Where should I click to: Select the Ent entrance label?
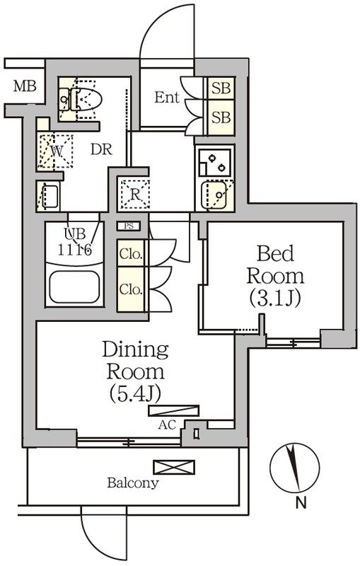point(167,98)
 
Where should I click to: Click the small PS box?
point(129,226)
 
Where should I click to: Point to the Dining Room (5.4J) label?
point(134,371)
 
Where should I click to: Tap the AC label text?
point(167,426)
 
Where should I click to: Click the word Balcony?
point(133,484)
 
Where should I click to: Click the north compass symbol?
point(293,468)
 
